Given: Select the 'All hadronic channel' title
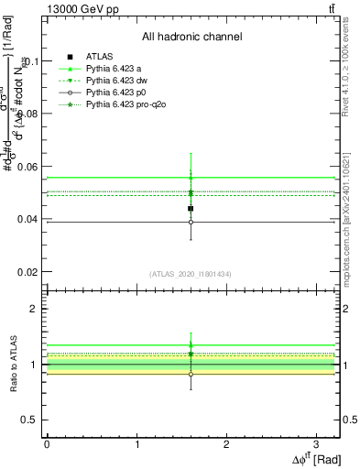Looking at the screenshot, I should [x=191, y=37].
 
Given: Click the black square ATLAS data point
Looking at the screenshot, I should [x=191, y=209].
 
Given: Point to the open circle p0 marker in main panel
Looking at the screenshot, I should [x=191, y=222].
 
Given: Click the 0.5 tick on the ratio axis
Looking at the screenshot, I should [x=32, y=420].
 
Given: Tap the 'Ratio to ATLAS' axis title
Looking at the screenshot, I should [x=12, y=365].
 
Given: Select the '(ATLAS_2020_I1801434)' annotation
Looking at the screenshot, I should [x=191, y=274].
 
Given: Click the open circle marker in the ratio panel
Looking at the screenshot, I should [x=191, y=374].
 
